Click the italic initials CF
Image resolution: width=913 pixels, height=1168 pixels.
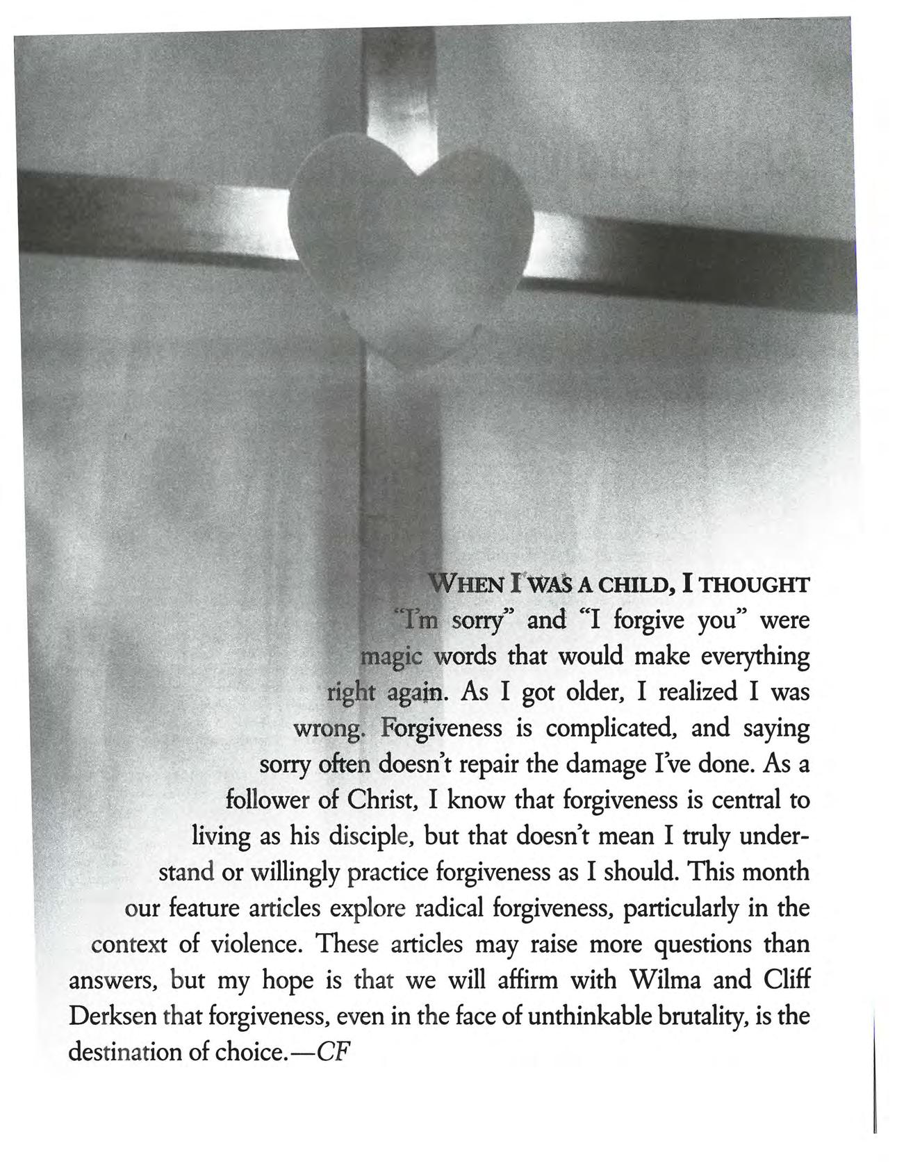point(331,1053)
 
